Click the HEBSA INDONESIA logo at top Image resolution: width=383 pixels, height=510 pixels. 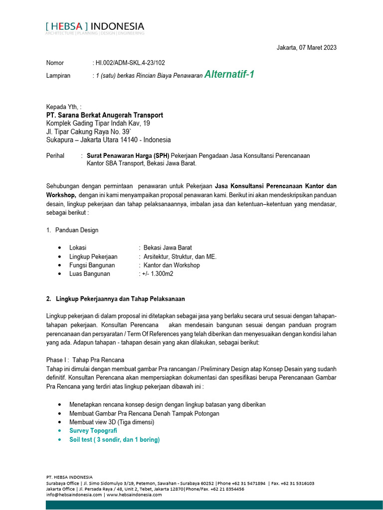[x=95, y=27]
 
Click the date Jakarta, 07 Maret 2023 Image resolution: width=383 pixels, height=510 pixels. [x=306, y=48]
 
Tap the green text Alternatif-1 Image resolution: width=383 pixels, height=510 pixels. [x=229, y=75]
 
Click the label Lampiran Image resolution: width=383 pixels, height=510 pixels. [x=58, y=76]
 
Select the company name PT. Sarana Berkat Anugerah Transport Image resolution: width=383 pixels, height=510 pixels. [x=104, y=115]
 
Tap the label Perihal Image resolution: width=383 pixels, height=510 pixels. [x=55, y=155]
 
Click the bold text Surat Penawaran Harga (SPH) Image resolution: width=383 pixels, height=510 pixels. [x=128, y=155]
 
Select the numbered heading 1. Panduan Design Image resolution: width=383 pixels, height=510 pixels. [x=72, y=230]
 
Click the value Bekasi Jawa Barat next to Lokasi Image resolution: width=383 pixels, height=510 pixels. [x=168, y=248]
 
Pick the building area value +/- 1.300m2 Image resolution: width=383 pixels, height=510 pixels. [x=156, y=273]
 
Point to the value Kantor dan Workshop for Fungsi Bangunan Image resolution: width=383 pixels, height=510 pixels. [x=172, y=265]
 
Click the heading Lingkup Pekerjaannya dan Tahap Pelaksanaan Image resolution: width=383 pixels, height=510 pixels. [x=120, y=299]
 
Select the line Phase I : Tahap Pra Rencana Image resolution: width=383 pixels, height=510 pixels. [x=85, y=360]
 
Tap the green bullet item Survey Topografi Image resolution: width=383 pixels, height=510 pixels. [x=93, y=431]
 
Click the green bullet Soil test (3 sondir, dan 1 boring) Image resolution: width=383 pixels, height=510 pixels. [x=114, y=440]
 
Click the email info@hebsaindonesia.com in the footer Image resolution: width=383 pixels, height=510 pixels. [x=74, y=495]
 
